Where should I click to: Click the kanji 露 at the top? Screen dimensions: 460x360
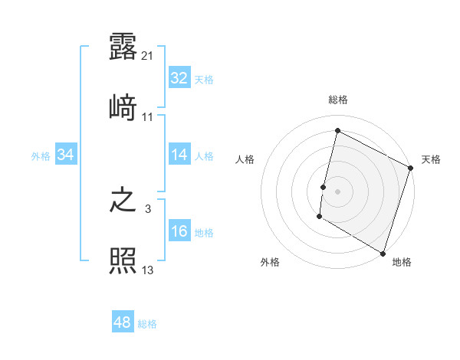pos(123,46)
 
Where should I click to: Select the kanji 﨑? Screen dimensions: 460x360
pos(123,107)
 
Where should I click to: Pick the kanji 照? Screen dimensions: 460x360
pos(123,261)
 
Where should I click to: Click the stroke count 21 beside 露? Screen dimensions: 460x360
pos(149,55)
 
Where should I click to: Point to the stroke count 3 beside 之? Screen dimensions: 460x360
pos(148,209)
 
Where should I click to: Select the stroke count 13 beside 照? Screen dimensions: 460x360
pos(148,270)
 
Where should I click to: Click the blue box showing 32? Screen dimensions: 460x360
pos(179,78)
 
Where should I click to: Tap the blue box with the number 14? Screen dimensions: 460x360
pos(179,155)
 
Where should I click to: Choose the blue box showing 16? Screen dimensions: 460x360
pos(179,231)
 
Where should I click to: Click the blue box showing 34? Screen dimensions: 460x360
pos(66,155)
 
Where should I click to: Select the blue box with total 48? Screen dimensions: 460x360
pos(123,322)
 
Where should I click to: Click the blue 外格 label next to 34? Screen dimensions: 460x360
pos(41,156)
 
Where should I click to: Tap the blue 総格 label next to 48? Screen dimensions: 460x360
pos(147,324)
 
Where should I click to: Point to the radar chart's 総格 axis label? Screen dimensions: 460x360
pos(338,100)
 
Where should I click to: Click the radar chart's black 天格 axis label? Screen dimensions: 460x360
pos(431,159)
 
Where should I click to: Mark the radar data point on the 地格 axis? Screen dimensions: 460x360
pos(383,253)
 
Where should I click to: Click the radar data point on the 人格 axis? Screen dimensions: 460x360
pos(324,187)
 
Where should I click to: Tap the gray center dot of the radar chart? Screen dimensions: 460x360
pos(338,191)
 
